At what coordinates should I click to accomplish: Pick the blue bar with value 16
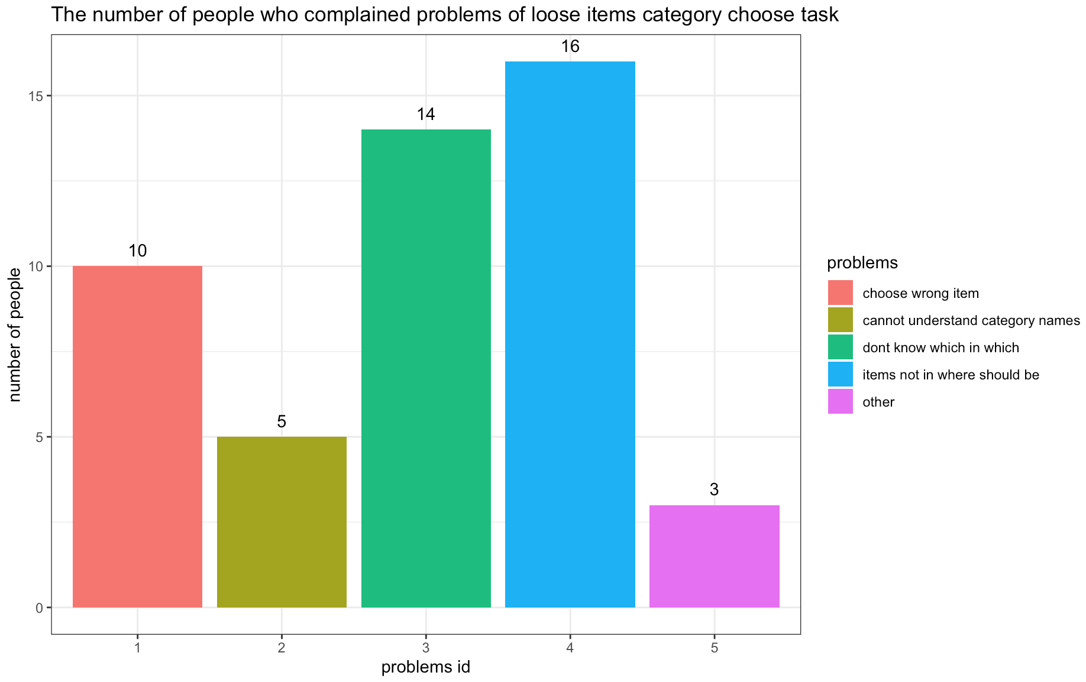(570, 334)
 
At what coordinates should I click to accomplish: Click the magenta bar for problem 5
(715, 556)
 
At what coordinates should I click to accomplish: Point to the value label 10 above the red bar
(137, 251)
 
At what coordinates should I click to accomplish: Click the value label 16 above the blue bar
(570, 46)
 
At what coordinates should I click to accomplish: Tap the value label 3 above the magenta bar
(715, 489)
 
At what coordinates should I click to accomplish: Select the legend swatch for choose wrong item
(840, 293)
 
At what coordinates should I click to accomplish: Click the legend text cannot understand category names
(971, 320)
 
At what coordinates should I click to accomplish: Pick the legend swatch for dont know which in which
(840, 347)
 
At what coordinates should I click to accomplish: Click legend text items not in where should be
(951, 375)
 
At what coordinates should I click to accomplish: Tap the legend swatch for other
(840, 401)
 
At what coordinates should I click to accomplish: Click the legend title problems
(862, 262)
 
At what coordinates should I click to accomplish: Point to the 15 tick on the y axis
(37, 96)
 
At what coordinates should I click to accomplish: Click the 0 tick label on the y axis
(40, 608)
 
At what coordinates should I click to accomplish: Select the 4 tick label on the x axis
(570, 648)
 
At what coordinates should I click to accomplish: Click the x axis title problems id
(425, 667)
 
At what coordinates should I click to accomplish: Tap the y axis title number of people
(15, 334)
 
